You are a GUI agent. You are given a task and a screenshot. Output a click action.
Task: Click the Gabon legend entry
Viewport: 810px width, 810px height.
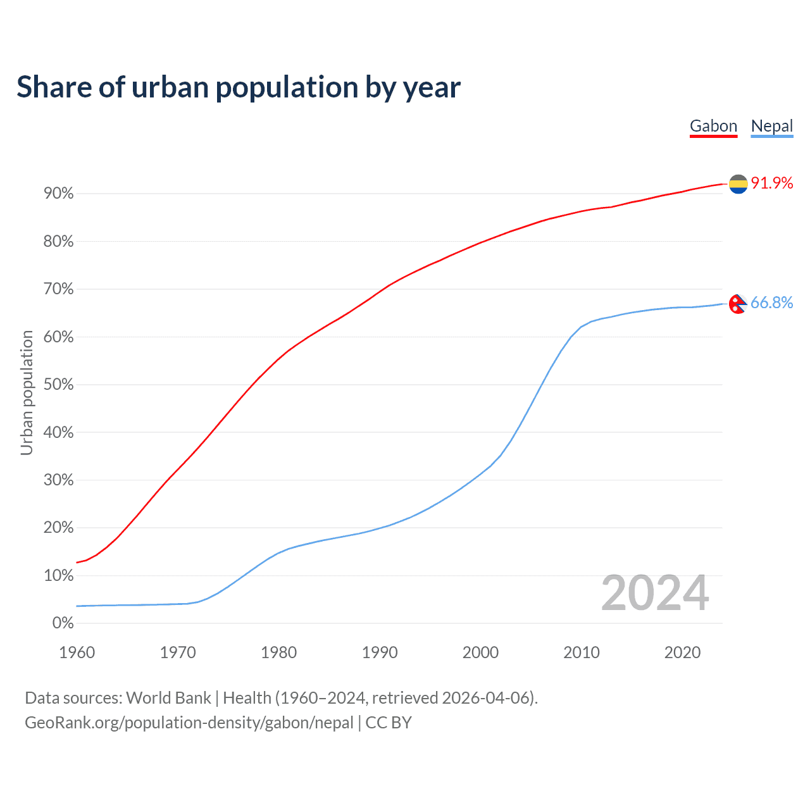click(x=713, y=126)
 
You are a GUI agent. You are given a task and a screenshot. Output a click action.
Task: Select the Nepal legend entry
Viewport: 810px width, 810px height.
click(x=771, y=126)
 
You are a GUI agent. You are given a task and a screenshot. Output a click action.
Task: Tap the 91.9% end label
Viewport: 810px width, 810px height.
click(x=772, y=183)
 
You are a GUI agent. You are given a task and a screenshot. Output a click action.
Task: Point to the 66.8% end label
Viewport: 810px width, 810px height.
click(x=772, y=302)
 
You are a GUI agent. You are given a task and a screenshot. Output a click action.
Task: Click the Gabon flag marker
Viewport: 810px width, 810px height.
click(x=738, y=184)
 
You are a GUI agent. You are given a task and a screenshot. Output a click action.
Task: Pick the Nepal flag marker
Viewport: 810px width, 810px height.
click(x=738, y=304)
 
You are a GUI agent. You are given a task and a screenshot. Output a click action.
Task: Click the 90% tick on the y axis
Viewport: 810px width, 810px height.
click(x=59, y=194)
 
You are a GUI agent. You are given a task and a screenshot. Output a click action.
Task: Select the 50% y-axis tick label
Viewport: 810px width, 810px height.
click(x=59, y=385)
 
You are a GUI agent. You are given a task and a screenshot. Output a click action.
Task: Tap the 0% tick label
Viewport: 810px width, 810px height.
click(x=63, y=623)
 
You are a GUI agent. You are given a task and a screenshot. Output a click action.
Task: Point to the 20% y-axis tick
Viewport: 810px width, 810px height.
click(x=59, y=528)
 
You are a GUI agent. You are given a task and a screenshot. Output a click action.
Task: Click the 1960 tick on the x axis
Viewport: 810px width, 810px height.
click(x=77, y=652)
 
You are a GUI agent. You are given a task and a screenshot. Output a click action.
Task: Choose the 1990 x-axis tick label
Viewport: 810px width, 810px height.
click(x=380, y=652)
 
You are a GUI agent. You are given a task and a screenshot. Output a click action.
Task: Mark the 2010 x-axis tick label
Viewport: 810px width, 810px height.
click(x=582, y=652)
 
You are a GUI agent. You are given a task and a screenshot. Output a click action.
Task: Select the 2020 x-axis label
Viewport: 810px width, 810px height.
click(x=682, y=652)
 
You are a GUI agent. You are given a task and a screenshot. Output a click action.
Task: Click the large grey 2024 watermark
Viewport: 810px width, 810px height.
click(x=655, y=593)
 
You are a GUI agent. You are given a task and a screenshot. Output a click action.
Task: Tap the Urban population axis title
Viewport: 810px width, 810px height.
click(x=27, y=392)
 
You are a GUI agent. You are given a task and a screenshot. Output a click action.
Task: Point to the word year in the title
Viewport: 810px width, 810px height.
click(x=432, y=88)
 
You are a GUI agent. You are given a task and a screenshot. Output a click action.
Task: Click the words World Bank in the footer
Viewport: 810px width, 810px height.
click(x=168, y=698)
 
